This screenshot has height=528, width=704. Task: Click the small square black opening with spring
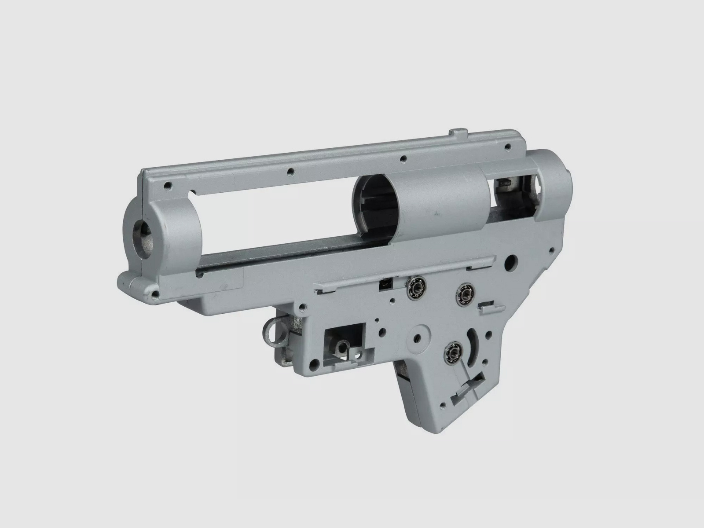[384, 283]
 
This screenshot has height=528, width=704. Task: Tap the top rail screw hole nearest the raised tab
[507, 147]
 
